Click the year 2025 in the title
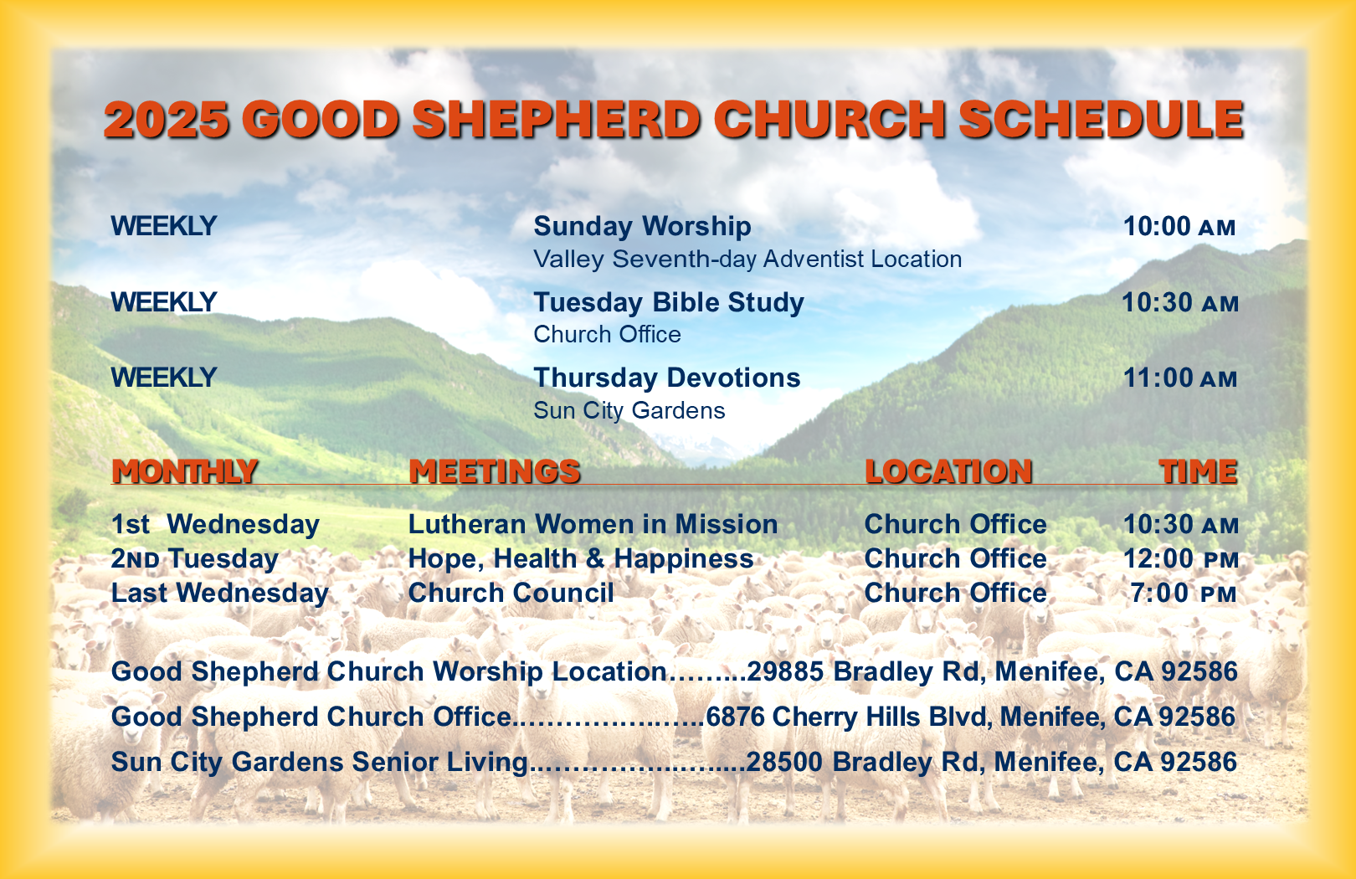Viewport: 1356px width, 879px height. pos(167,119)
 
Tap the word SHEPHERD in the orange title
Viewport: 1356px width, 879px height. pos(556,119)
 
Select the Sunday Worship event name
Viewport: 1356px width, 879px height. pos(642,226)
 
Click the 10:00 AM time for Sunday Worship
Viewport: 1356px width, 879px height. pos(1179,227)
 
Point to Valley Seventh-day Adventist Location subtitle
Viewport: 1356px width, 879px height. pos(747,260)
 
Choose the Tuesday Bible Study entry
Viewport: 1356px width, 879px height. pos(669,302)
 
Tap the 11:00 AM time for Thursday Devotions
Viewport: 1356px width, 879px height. pos(1180,378)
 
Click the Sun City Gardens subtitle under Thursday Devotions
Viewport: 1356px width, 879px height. pos(629,410)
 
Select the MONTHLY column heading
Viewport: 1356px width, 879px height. pos(185,471)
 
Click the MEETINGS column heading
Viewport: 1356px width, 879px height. pos(495,471)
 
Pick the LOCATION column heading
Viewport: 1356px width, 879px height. pos(948,471)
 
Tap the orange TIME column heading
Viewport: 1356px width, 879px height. pos(1198,471)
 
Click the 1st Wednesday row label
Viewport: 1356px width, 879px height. pos(215,524)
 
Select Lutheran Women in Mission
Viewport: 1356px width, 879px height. pos(593,524)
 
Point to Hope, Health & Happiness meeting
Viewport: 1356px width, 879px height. pos(581,558)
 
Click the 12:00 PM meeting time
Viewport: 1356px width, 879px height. pos(1180,558)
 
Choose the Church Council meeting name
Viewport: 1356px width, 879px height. pos(511,593)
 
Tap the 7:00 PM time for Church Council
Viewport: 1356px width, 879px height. pos(1184,594)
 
